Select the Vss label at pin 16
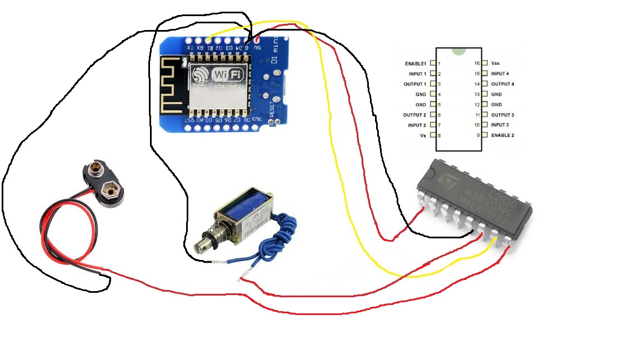[496, 64]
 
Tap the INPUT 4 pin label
[499, 74]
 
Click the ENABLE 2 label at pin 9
[502, 136]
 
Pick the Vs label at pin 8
[423, 136]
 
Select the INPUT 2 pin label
[417, 126]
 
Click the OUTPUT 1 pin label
[415, 84]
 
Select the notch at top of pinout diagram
[459, 51]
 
